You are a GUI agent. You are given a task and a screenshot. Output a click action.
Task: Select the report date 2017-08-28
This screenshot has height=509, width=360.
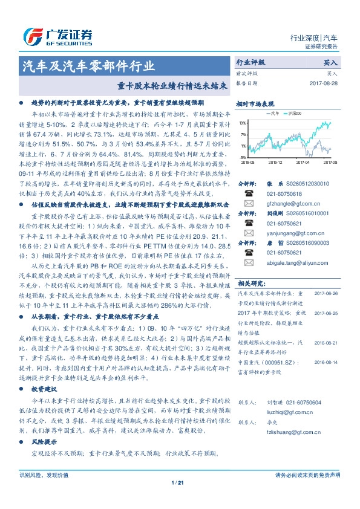coord(324,83)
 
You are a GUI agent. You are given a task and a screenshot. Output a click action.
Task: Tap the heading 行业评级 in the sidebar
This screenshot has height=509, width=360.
coord(250,62)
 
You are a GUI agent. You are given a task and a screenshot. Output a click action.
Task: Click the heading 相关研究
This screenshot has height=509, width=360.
coord(249,283)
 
